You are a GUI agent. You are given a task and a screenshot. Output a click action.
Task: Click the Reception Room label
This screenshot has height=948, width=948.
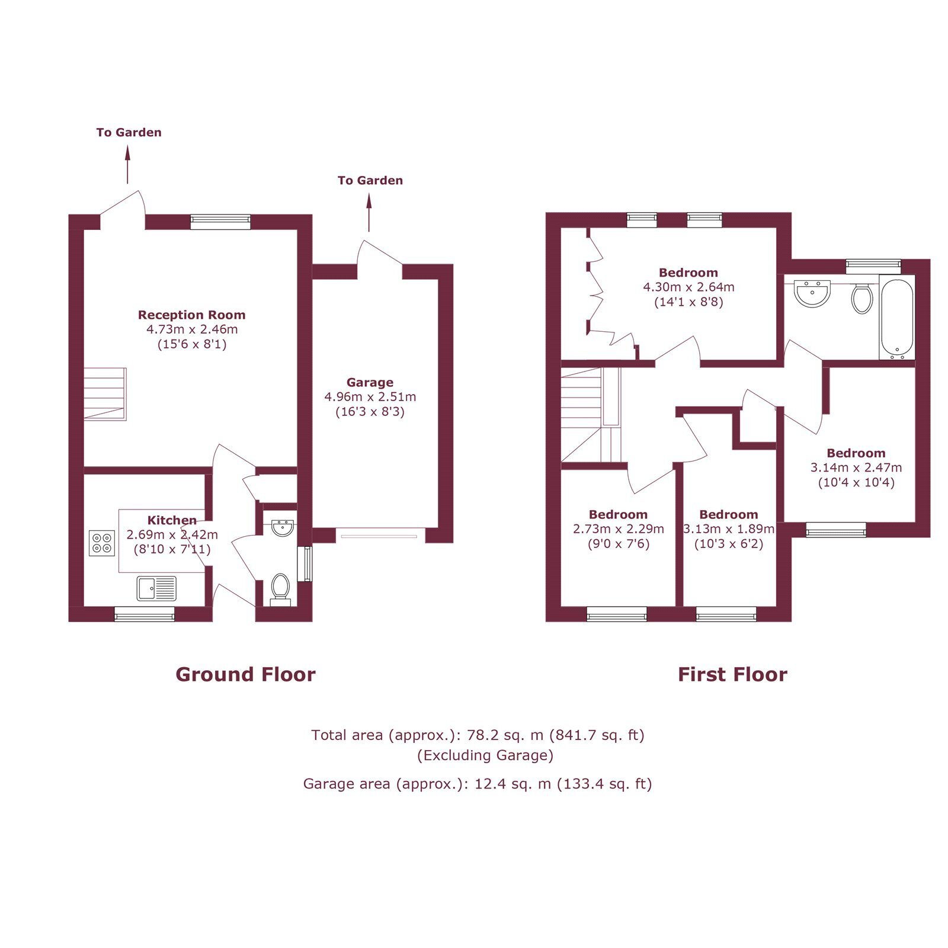coord(191,315)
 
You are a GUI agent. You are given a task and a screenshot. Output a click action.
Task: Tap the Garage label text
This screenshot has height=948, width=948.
coord(370,383)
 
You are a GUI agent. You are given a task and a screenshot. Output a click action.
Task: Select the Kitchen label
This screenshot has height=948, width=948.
coord(172,520)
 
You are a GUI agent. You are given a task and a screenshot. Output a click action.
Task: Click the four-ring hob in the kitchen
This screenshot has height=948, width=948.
coord(101,543)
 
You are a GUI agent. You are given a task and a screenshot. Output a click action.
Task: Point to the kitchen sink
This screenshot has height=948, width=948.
coord(156,588)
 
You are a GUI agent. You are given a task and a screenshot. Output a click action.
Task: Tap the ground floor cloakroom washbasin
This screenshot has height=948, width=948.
coord(282,527)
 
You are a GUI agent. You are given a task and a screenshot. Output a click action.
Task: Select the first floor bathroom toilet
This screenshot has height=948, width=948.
coord(862,298)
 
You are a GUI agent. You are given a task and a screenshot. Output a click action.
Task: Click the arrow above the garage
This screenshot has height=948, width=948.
coord(369,212)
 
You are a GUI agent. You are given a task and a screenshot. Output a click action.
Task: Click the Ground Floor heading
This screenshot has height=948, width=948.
coord(245,674)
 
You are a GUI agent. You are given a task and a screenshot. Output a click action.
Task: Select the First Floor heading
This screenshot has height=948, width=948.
coord(732,674)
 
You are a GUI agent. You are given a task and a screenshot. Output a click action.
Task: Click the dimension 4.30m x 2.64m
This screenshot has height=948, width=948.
coord(688,287)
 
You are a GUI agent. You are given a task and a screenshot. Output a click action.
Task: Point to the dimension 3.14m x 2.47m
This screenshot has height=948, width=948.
coord(856,467)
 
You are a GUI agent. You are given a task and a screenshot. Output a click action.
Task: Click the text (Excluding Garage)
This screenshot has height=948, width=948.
coord(485,755)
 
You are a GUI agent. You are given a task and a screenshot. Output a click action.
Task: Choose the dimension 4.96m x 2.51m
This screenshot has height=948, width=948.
coord(370,397)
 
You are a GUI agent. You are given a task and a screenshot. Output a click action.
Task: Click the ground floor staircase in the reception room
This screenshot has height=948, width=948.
coord(105,394)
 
